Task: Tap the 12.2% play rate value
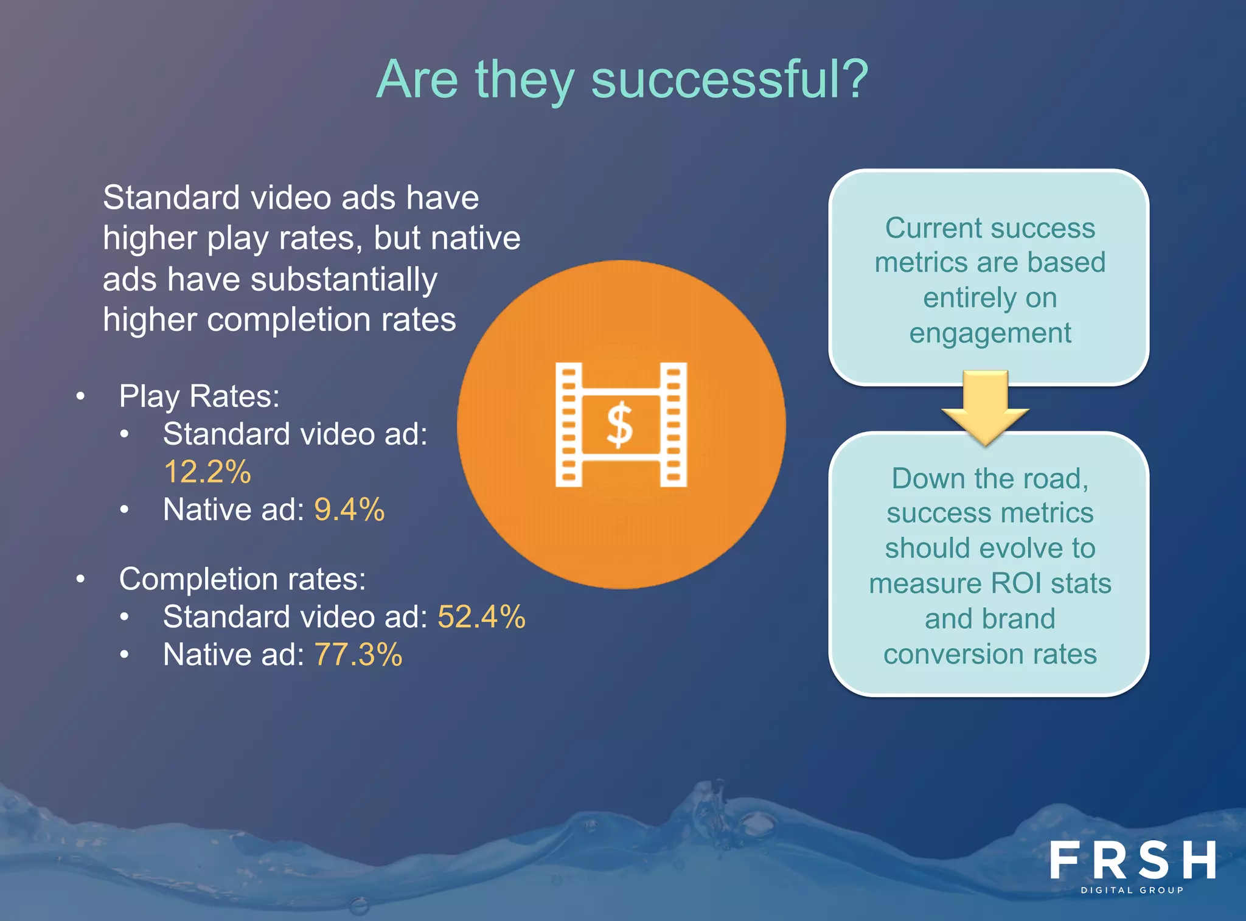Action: coord(207,472)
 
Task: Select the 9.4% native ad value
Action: coord(349,510)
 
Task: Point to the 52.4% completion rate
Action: coord(481,617)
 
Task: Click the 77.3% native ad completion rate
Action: coord(358,655)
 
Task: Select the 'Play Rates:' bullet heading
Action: coord(199,397)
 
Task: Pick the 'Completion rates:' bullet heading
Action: coord(242,579)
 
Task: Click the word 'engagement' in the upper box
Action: coord(990,333)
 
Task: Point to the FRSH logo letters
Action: coord(1132,860)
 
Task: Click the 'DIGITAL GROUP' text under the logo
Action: coord(1132,890)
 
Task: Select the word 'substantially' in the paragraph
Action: coord(344,280)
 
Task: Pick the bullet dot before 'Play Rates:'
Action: coord(80,397)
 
